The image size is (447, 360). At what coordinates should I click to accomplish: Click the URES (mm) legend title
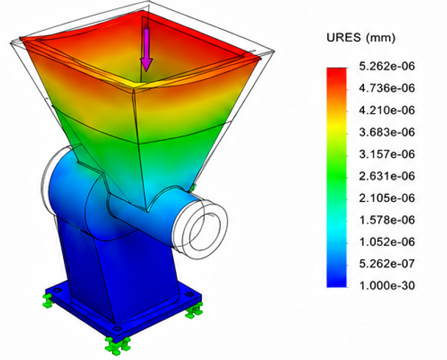coord(361,37)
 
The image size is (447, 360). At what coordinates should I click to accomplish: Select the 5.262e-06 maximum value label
coord(387,66)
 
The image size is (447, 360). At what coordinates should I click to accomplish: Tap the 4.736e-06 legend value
coord(387,88)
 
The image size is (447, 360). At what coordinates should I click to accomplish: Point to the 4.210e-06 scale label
coord(387,110)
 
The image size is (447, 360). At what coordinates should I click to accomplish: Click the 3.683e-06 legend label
coord(387,132)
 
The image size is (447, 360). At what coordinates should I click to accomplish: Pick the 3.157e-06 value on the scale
coord(387,154)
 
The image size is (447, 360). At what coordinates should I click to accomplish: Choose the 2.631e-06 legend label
coord(387,176)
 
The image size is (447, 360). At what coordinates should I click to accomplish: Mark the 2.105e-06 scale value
coord(387,198)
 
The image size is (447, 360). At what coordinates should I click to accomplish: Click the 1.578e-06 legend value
coord(387,220)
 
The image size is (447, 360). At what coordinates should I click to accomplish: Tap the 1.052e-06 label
coord(387,242)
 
